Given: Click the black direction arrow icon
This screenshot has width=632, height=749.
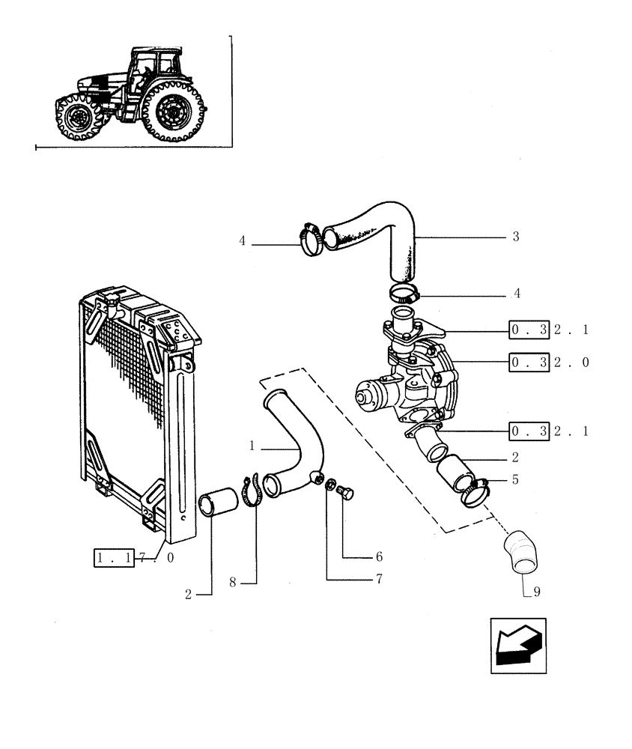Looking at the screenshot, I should (517, 646).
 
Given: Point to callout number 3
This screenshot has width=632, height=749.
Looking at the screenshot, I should (516, 237).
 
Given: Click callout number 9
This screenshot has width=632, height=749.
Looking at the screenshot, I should (536, 592).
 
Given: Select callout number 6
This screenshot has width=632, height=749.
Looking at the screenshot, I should (379, 557).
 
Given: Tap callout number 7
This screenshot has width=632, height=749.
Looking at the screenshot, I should (379, 579).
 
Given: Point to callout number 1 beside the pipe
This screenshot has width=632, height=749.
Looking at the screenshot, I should (253, 445).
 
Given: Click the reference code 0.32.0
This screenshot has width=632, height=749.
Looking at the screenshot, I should (548, 363).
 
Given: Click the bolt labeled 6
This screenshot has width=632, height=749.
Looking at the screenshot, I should (347, 494).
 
